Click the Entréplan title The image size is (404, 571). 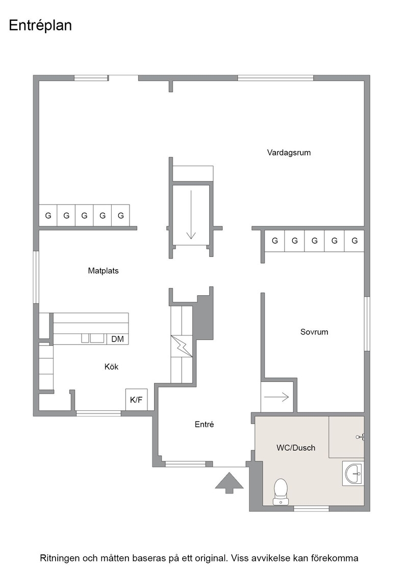coord(40,26)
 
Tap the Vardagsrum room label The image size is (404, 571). coord(289,152)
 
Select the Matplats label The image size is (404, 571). coord(104,271)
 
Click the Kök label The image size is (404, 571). coord(112,367)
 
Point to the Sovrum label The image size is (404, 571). coord(314,332)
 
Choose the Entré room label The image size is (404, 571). coord(205,424)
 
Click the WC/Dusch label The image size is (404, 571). coord(296,448)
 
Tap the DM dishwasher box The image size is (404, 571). coord(118,339)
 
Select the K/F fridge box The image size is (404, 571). coord(136,400)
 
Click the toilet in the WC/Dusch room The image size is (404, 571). coord(281,492)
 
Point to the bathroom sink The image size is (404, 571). coord(353,474)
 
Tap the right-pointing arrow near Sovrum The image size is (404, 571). coord(276,397)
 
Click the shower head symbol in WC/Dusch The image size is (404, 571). coord(360,436)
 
